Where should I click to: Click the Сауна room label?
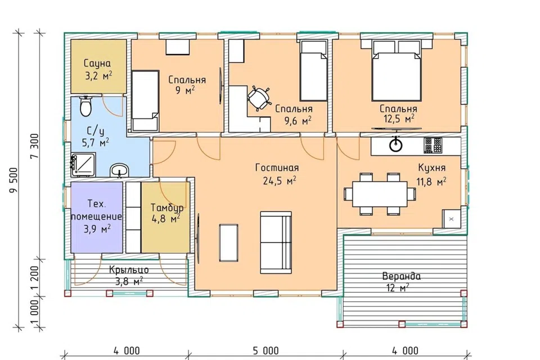tap(97, 64)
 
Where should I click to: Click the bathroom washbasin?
tap(119, 170)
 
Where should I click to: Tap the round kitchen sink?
tap(395, 145)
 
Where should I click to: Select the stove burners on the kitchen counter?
tap(433, 145)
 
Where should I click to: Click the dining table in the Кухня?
tap(379, 194)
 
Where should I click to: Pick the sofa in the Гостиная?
tap(276, 242)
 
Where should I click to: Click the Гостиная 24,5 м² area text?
tap(280, 181)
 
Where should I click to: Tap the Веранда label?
tap(401, 276)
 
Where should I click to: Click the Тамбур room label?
tap(166, 208)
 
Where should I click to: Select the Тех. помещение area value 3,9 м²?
tap(97, 229)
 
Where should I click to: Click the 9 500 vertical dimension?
tap(13, 180)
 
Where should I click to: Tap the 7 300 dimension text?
tap(35, 146)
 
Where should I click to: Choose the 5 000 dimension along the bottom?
tap(266, 350)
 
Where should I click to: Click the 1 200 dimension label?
tap(35, 278)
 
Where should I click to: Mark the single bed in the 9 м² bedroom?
tap(145, 101)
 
